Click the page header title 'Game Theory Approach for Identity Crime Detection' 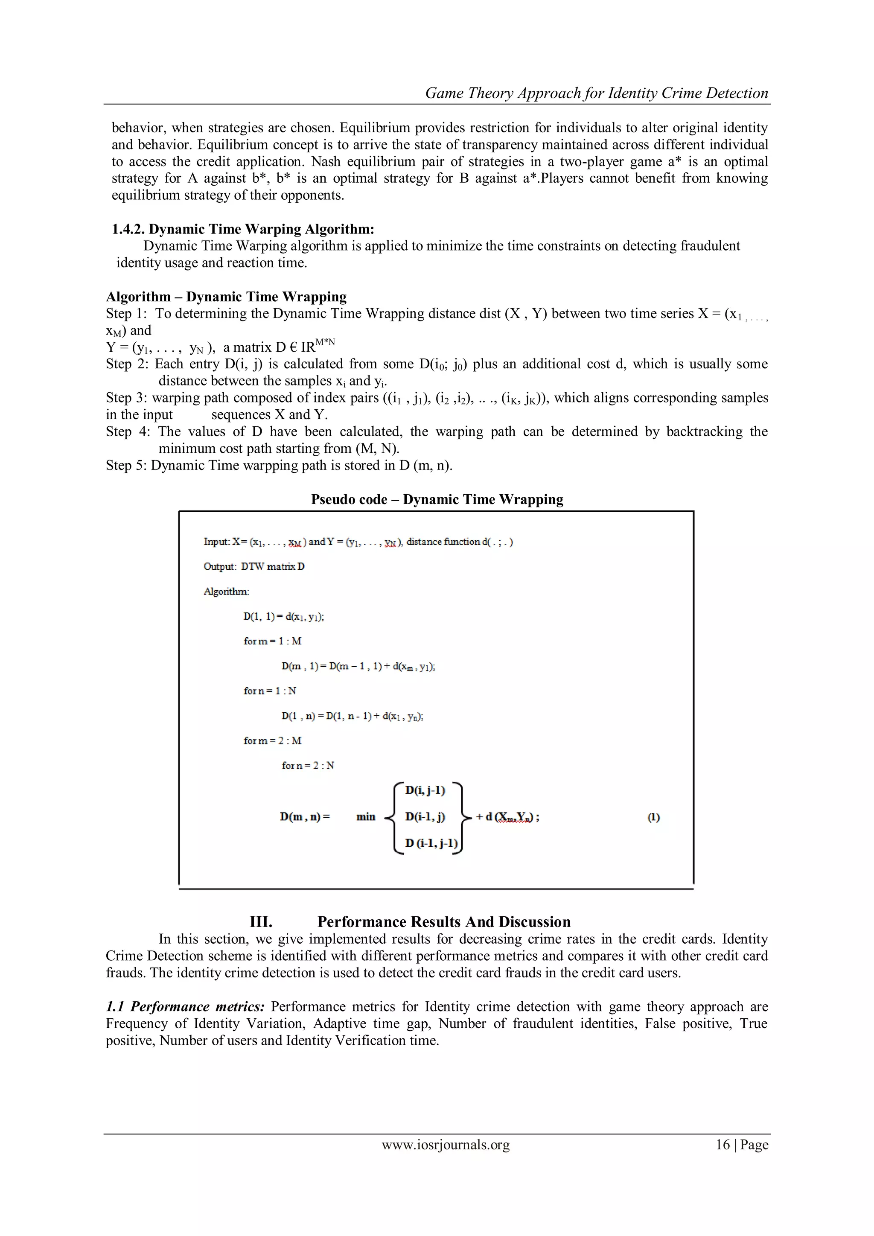596,93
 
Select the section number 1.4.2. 128,229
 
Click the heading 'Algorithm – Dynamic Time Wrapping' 226,297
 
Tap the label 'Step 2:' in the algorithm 127,364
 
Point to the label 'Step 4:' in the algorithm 128,432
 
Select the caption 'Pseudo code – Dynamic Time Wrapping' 437,500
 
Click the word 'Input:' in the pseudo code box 217,542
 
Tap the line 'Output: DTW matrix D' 253,566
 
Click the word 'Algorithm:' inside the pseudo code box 226,592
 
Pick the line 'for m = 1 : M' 272,641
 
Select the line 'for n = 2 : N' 308,766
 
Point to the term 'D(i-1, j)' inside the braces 425,816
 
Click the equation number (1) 653,817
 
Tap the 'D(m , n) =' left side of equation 305,816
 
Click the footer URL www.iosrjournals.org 446,1145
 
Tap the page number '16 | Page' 742,1145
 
